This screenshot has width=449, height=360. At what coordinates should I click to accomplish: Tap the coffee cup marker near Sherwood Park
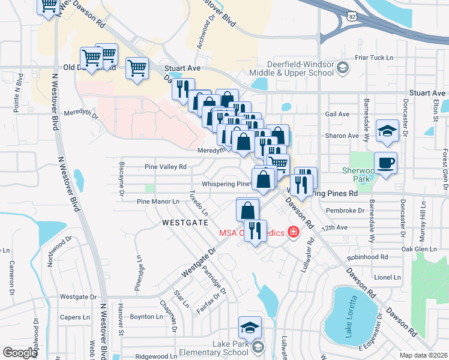pos(385,163)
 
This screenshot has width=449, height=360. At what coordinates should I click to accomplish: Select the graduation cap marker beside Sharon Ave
pos(388,131)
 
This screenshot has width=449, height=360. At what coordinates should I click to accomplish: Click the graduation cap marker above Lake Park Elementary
pos(250,328)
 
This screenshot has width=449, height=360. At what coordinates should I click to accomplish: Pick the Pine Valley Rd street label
pos(166,167)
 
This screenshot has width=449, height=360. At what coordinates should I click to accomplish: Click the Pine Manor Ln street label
pos(158,202)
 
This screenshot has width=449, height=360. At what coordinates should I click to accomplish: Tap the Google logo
pos(20,353)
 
